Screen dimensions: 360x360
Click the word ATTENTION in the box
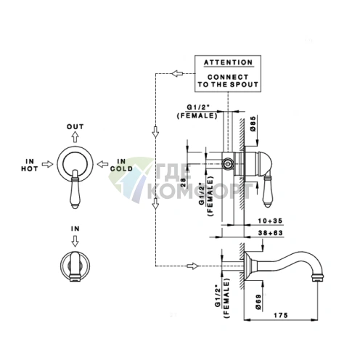[228, 62]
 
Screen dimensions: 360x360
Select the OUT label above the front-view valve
[75, 126]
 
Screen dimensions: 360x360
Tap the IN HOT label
[30, 165]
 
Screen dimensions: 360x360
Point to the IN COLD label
[121, 165]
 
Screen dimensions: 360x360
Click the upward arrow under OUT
[75, 137]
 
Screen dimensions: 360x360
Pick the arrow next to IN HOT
[47, 164]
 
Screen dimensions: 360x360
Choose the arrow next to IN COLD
[102, 164]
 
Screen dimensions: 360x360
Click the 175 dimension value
[281, 315]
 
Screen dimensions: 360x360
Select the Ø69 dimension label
[258, 302]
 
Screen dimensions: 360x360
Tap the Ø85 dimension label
[253, 124]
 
